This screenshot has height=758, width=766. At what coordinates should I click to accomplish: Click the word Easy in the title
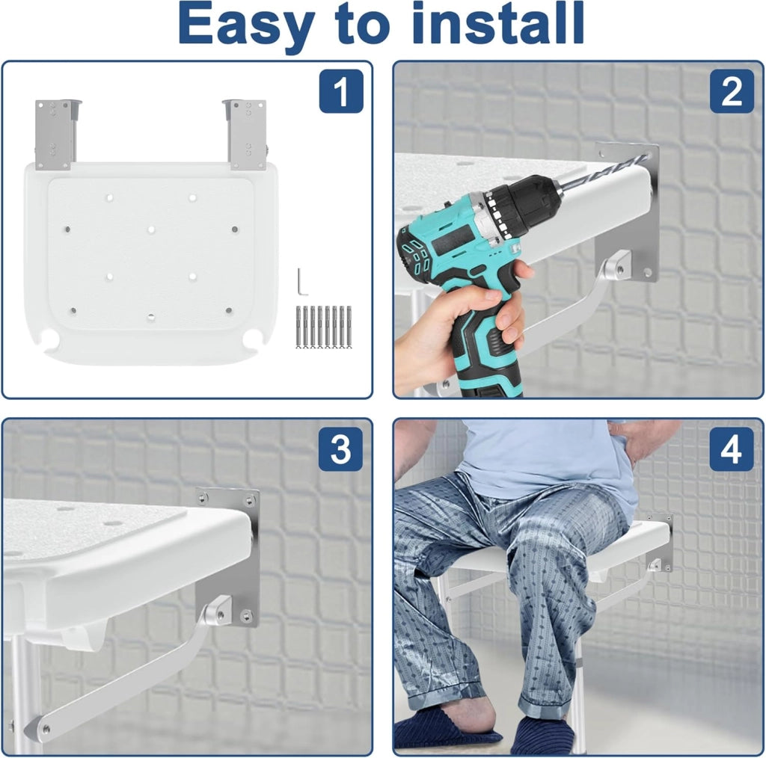(x=246, y=25)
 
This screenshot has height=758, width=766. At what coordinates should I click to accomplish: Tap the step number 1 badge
(x=341, y=91)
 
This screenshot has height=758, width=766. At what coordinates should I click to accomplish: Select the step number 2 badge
(x=732, y=91)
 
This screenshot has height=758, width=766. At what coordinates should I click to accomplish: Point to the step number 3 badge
(x=340, y=449)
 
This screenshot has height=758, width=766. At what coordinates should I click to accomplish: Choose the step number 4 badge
(x=732, y=449)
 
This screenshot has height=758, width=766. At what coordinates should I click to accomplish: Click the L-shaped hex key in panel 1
(x=301, y=281)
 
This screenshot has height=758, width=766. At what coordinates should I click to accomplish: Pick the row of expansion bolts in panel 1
(x=324, y=327)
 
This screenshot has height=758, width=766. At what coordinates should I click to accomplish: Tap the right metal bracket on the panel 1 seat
(x=247, y=135)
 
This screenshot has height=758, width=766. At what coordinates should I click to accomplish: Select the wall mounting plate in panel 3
(x=227, y=557)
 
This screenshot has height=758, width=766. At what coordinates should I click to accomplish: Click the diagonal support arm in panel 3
(x=127, y=674)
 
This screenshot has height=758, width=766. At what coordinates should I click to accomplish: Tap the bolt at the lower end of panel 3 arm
(x=44, y=729)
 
